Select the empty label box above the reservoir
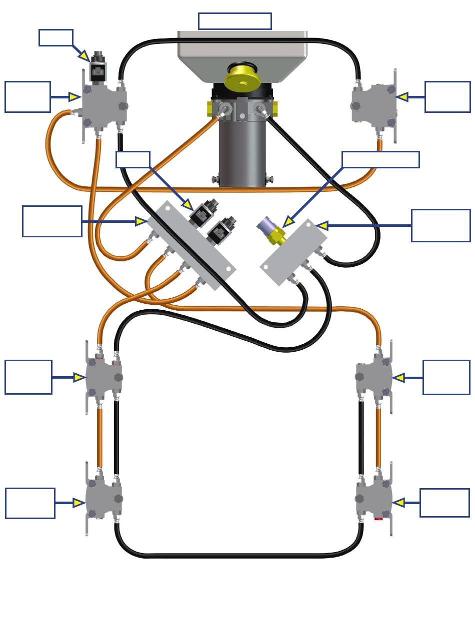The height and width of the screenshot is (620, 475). tap(234, 21)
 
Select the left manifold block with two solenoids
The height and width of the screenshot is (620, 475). tap(190, 245)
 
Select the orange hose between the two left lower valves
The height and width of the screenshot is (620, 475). tap(99, 437)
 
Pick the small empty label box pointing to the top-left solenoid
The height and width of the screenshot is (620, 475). tap(55, 37)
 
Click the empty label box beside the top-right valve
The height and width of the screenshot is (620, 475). tap(447, 96)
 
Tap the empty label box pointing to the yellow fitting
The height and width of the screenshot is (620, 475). tap(380, 159)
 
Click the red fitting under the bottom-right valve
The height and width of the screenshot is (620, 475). tap(378, 519)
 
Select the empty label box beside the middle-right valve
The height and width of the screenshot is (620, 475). tap(446, 377)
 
